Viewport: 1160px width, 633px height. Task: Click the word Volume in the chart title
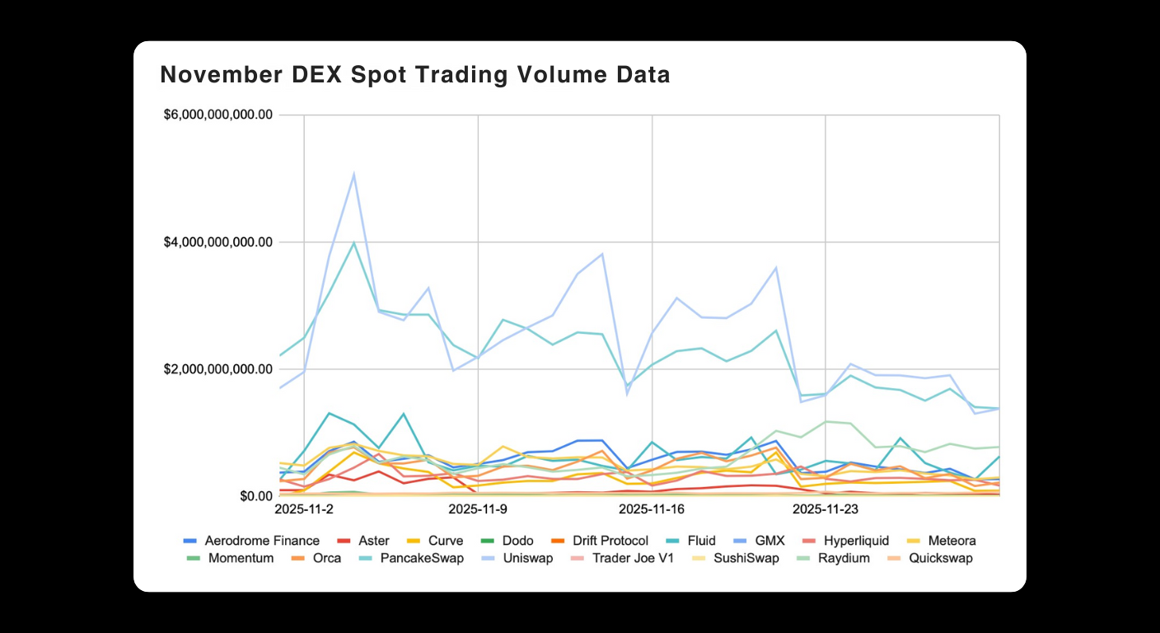[x=517, y=75]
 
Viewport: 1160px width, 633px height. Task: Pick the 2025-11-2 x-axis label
[x=304, y=509]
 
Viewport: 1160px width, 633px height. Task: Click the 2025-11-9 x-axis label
[x=478, y=509]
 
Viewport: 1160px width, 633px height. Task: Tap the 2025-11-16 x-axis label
[x=652, y=509]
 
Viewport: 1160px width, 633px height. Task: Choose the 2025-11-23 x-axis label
[x=826, y=509]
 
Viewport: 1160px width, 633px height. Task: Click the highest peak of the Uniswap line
[x=353, y=174]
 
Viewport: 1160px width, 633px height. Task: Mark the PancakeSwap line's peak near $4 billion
[x=353, y=242]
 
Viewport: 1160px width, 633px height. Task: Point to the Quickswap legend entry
[x=940, y=558]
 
